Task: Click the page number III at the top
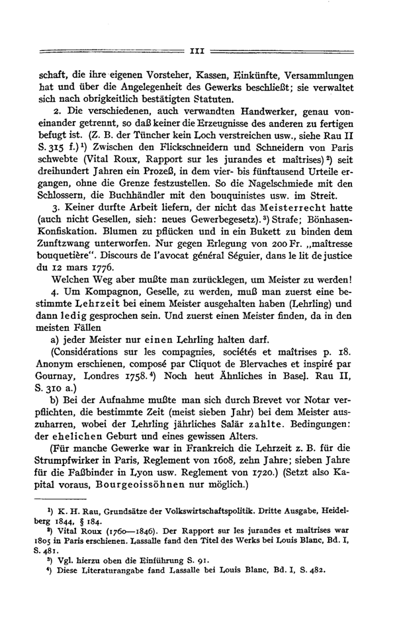[x=198, y=50]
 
